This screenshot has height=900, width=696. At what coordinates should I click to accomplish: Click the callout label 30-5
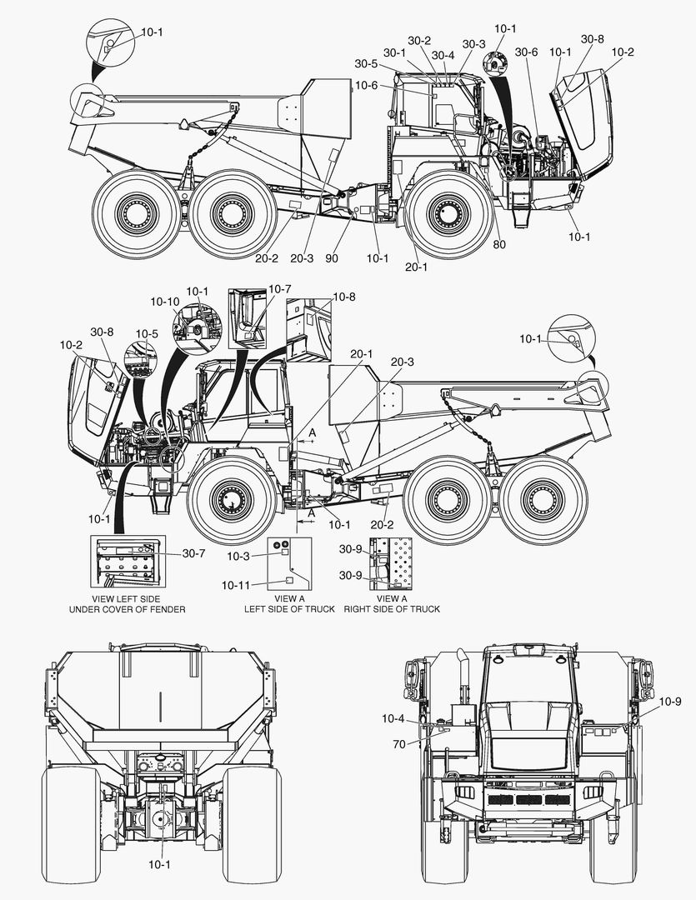pyautogui.click(x=366, y=63)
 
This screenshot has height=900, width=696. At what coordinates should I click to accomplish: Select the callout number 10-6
pyautogui.click(x=367, y=86)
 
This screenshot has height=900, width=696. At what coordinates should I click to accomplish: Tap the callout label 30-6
pyautogui.click(x=526, y=52)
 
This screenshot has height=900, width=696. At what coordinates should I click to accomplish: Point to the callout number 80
pyautogui.click(x=499, y=244)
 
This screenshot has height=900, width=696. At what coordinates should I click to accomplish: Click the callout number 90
pyautogui.click(x=332, y=258)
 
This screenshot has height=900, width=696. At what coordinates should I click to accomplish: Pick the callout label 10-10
pyautogui.click(x=165, y=302)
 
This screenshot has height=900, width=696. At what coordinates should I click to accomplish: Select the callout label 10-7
pyautogui.click(x=280, y=288)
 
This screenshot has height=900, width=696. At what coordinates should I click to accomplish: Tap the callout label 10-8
pyautogui.click(x=344, y=297)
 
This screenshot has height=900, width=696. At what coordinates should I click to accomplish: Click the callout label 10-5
pyautogui.click(x=147, y=334)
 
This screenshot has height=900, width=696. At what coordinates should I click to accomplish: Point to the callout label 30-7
pyautogui.click(x=194, y=554)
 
